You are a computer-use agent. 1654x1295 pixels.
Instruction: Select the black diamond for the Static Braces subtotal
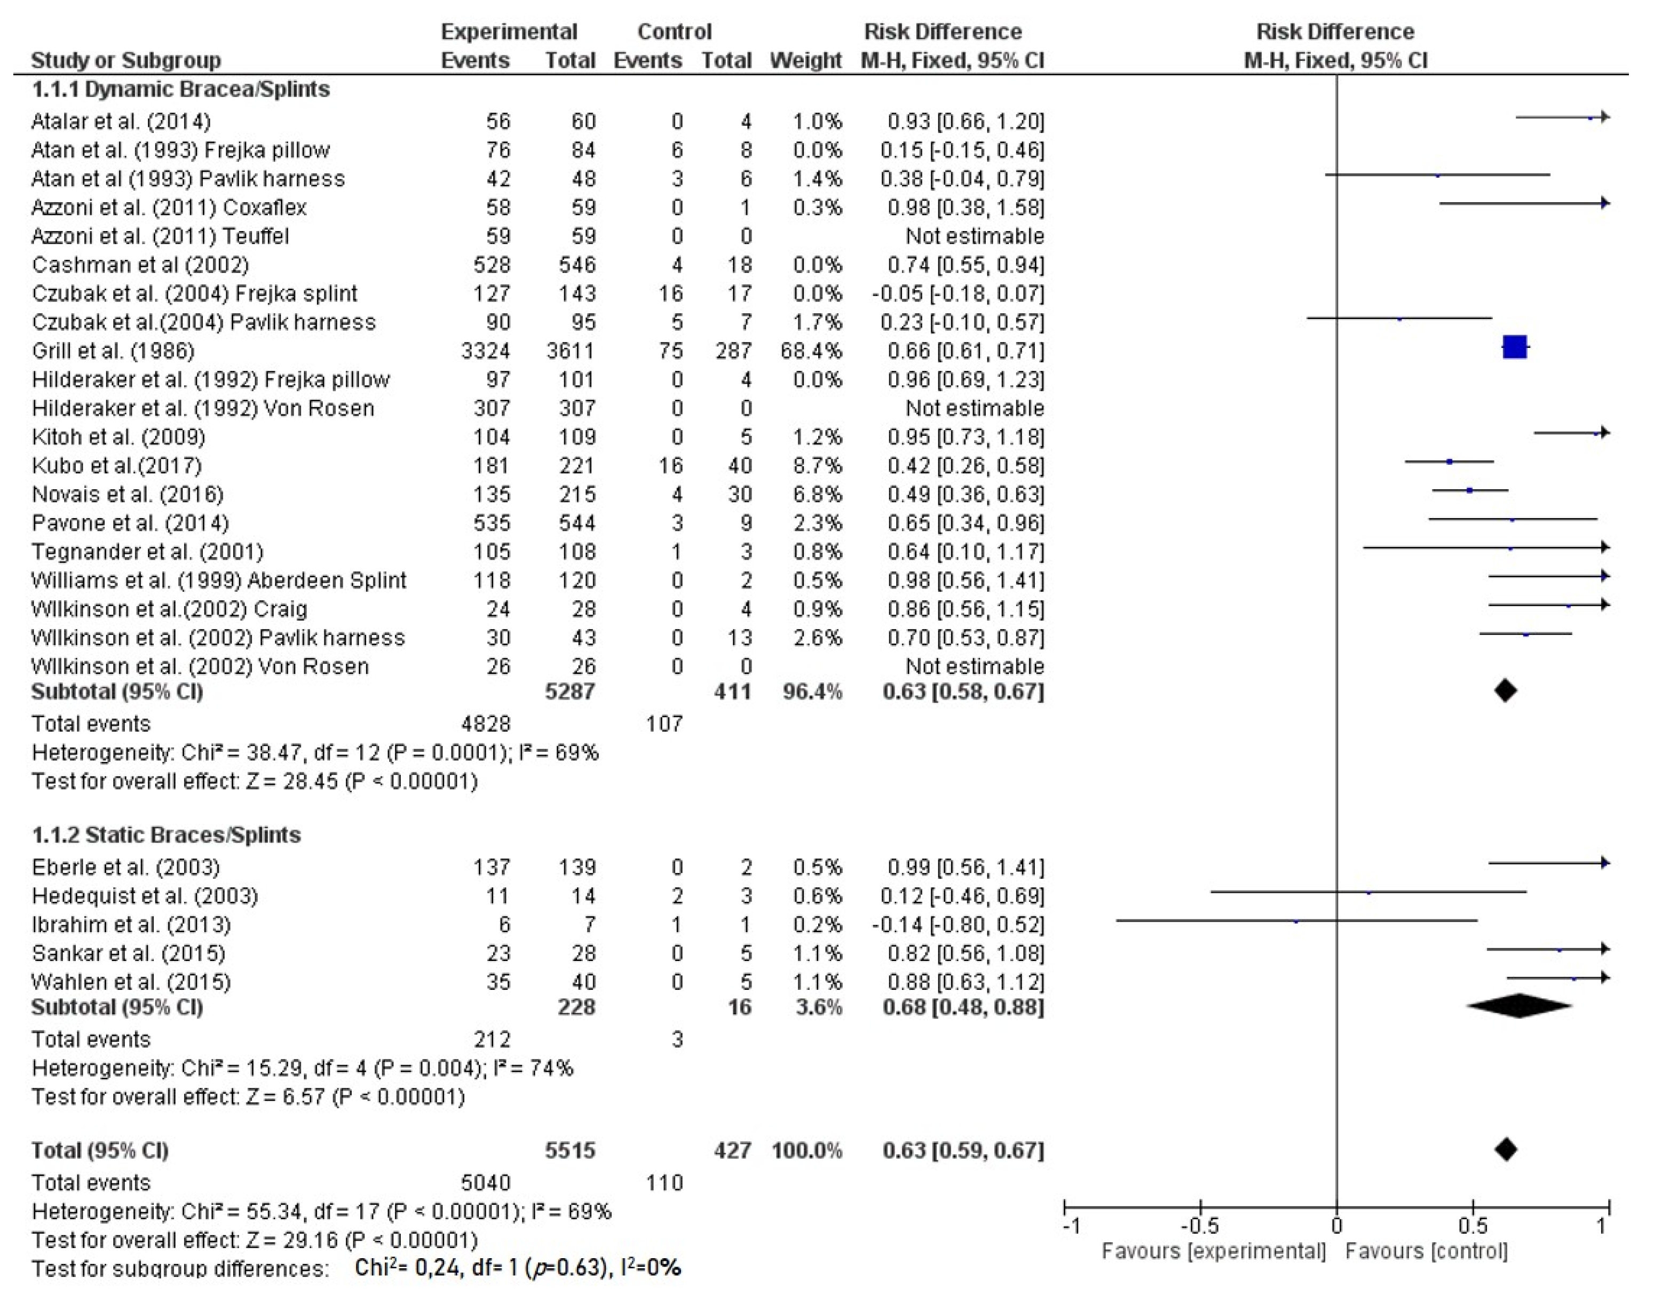click(1519, 1006)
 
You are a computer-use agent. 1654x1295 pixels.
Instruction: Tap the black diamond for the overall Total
click(1506, 1149)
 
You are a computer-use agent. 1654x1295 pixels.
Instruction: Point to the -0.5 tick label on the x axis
click(1200, 1226)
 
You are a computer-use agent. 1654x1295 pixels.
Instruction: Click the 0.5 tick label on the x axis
click(1472, 1226)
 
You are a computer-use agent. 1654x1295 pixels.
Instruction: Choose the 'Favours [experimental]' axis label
click(1213, 1251)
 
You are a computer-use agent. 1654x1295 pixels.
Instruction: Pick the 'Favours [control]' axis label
click(1426, 1251)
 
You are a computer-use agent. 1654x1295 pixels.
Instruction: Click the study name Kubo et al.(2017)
click(117, 465)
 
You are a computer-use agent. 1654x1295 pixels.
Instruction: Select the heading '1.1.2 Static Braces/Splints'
click(166, 835)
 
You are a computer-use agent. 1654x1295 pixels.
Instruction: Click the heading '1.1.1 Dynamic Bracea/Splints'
click(180, 90)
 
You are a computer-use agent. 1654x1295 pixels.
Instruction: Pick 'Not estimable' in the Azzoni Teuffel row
click(975, 236)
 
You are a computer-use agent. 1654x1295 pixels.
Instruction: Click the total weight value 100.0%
click(807, 1150)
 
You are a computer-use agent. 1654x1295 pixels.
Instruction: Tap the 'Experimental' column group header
click(509, 32)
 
